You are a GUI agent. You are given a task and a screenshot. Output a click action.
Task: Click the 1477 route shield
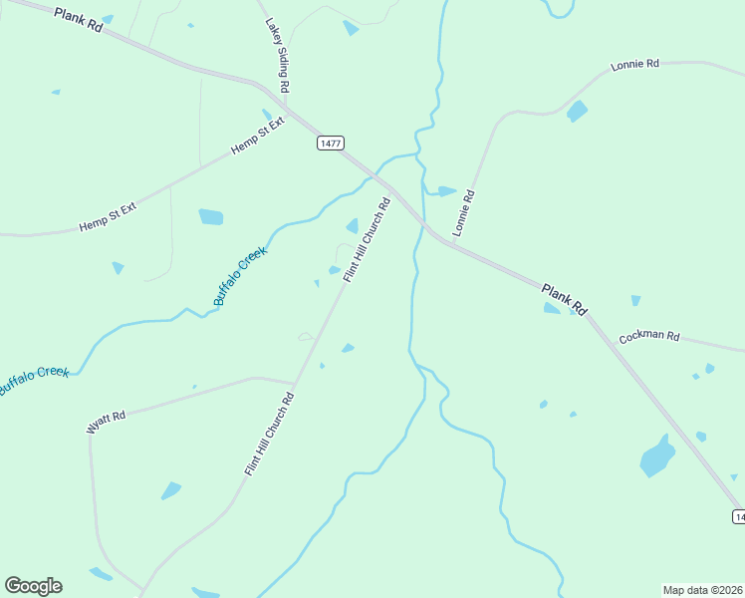click(x=331, y=144)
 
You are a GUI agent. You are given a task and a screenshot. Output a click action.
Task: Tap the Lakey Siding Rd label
click(x=276, y=56)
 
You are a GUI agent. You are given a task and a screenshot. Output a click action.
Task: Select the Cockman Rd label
click(x=648, y=337)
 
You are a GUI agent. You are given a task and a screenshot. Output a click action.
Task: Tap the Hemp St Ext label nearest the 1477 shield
click(x=258, y=136)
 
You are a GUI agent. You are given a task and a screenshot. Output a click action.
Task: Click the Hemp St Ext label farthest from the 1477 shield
click(x=108, y=216)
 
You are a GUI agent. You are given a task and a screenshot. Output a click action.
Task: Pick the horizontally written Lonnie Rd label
click(x=635, y=65)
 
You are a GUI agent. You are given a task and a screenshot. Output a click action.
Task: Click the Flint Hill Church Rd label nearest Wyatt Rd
click(x=269, y=434)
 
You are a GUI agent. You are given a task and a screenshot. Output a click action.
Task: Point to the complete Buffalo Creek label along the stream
click(x=240, y=275)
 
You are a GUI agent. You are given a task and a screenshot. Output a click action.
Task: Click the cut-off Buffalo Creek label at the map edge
click(x=34, y=379)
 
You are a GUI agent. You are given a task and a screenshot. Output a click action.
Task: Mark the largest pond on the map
click(x=656, y=456)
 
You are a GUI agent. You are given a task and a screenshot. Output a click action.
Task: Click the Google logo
click(x=33, y=586)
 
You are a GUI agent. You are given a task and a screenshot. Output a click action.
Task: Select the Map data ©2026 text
click(x=703, y=590)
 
